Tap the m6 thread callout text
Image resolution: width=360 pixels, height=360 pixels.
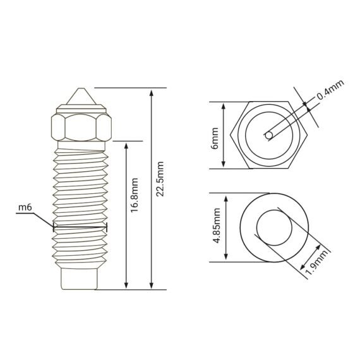(x=25, y=207)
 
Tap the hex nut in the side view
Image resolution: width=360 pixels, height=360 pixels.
(x=81, y=128)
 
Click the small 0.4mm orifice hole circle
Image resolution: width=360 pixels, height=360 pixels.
(x=270, y=135)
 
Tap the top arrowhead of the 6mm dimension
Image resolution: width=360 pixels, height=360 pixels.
(x=224, y=105)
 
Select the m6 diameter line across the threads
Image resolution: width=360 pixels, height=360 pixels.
(x=81, y=227)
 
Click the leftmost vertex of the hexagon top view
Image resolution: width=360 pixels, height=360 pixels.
(x=231, y=135)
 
